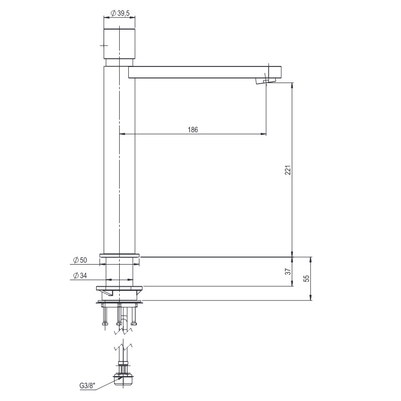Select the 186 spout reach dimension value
193,129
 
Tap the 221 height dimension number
288,170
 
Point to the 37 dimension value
288,272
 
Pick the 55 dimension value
306,279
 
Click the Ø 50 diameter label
80,260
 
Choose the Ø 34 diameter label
80,276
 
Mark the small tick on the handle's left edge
104,46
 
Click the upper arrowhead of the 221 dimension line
292,86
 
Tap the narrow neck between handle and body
119,63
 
